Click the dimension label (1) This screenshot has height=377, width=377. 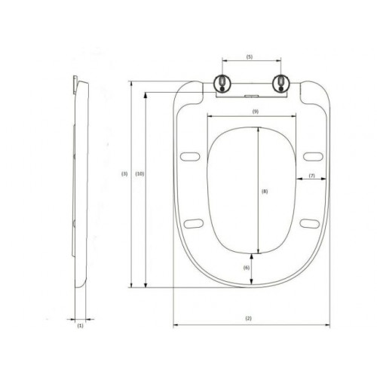(x=80, y=326)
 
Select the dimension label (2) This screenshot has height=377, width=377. (x=248, y=318)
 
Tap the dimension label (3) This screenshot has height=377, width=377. (x=124, y=173)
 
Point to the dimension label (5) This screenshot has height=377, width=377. (x=249, y=57)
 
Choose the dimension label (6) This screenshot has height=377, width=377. (x=247, y=268)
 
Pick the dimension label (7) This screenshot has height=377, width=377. (x=311, y=176)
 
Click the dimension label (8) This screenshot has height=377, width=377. (x=265, y=192)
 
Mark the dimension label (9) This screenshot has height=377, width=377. (x=256, y=112)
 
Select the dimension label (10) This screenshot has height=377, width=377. (x=139, y=173)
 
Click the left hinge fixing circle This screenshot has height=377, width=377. (x=222, y=83)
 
